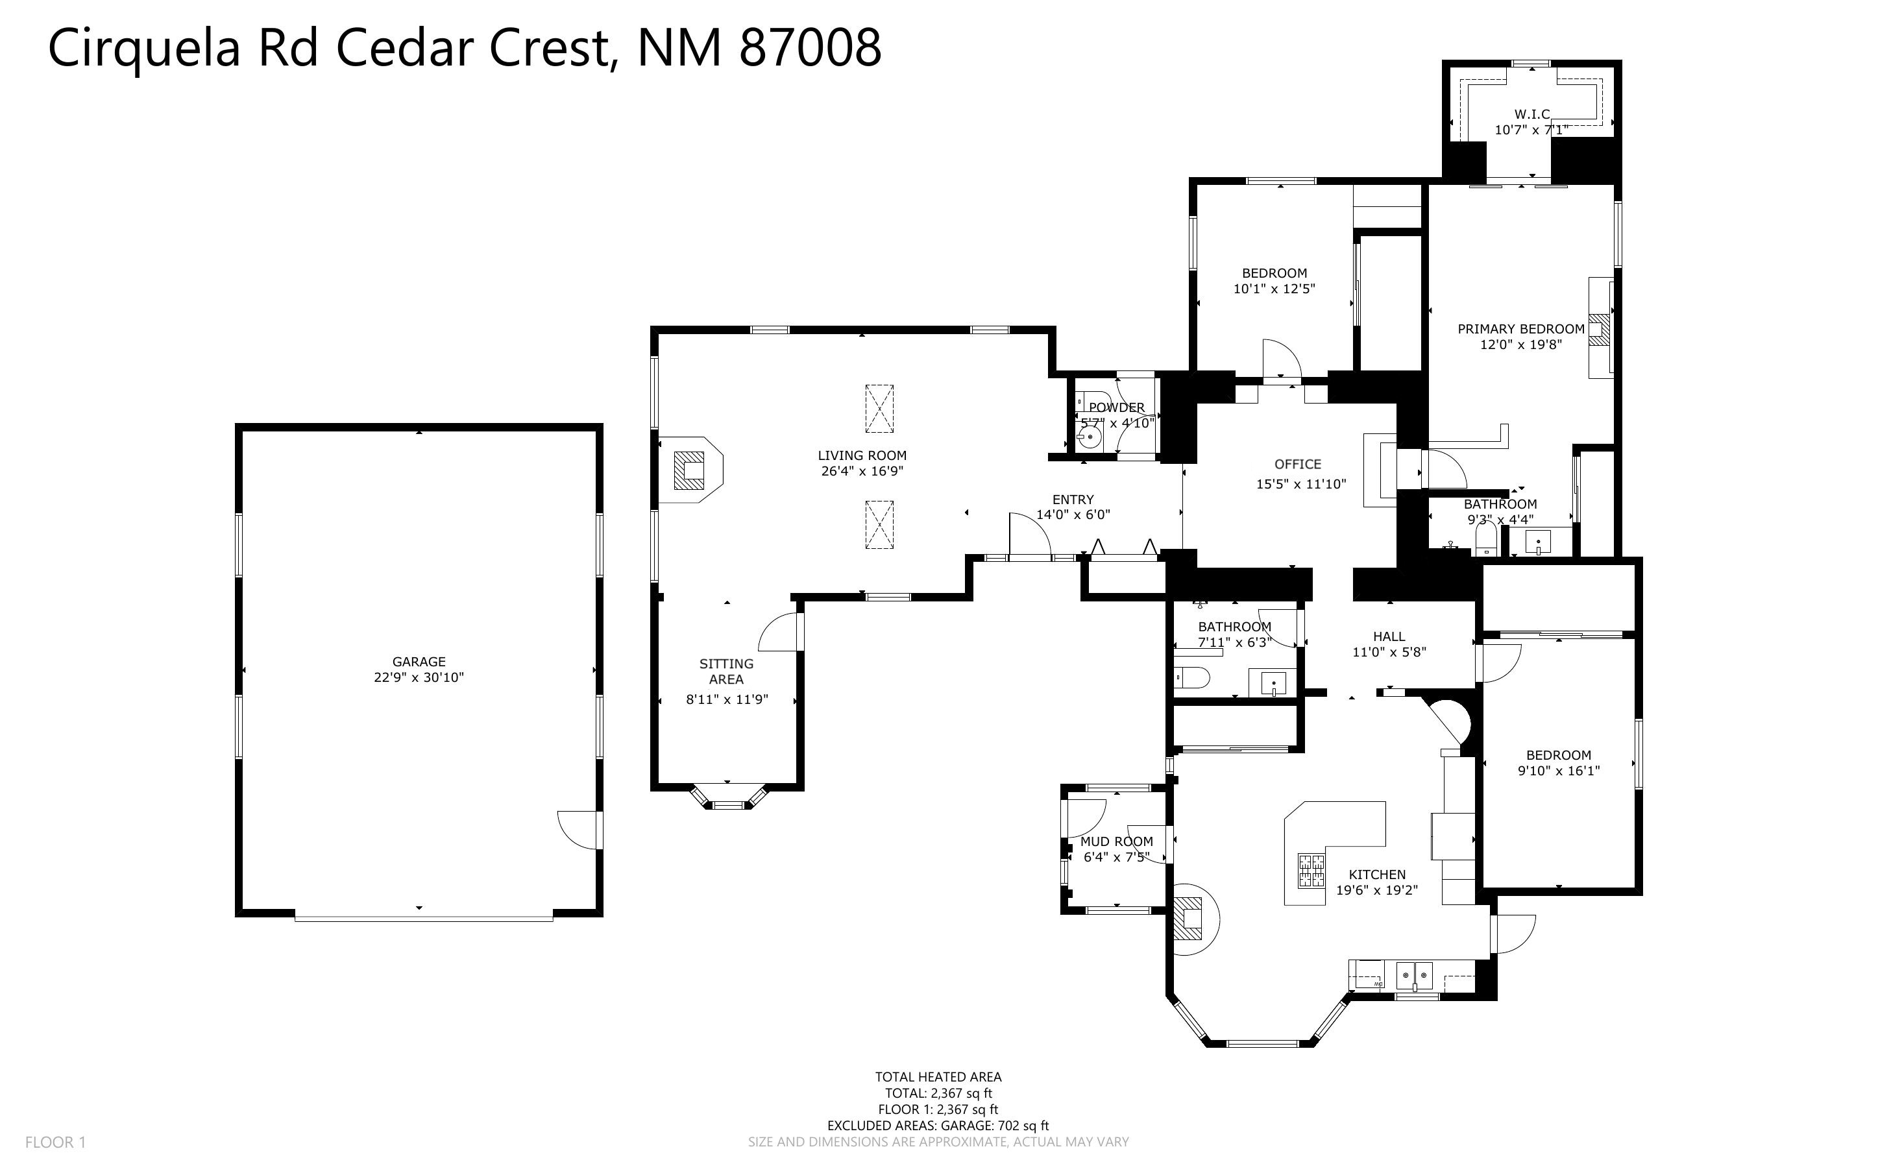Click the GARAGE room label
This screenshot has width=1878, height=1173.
pyautogui.click(x=419, y=662)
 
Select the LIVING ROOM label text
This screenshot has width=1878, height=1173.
pyautogui.click(x=862, y=455)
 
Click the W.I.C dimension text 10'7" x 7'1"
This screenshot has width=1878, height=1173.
pyautogui.click(x=1532, y=130)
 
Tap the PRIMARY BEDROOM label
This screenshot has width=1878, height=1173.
pyautogui.click(x=1521, y=329)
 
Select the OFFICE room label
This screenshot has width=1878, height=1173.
pyautogui.click(x=1298, y=464)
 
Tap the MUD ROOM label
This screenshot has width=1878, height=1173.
pyautogui.click(x=1116, y=841)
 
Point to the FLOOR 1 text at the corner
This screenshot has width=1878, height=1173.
pyautogui.click(x=55, y=1142)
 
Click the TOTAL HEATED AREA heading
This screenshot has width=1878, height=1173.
pyautogui.click(x=938, y=1077)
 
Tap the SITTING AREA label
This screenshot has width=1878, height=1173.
pyautogui.click(x=726, y=671)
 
